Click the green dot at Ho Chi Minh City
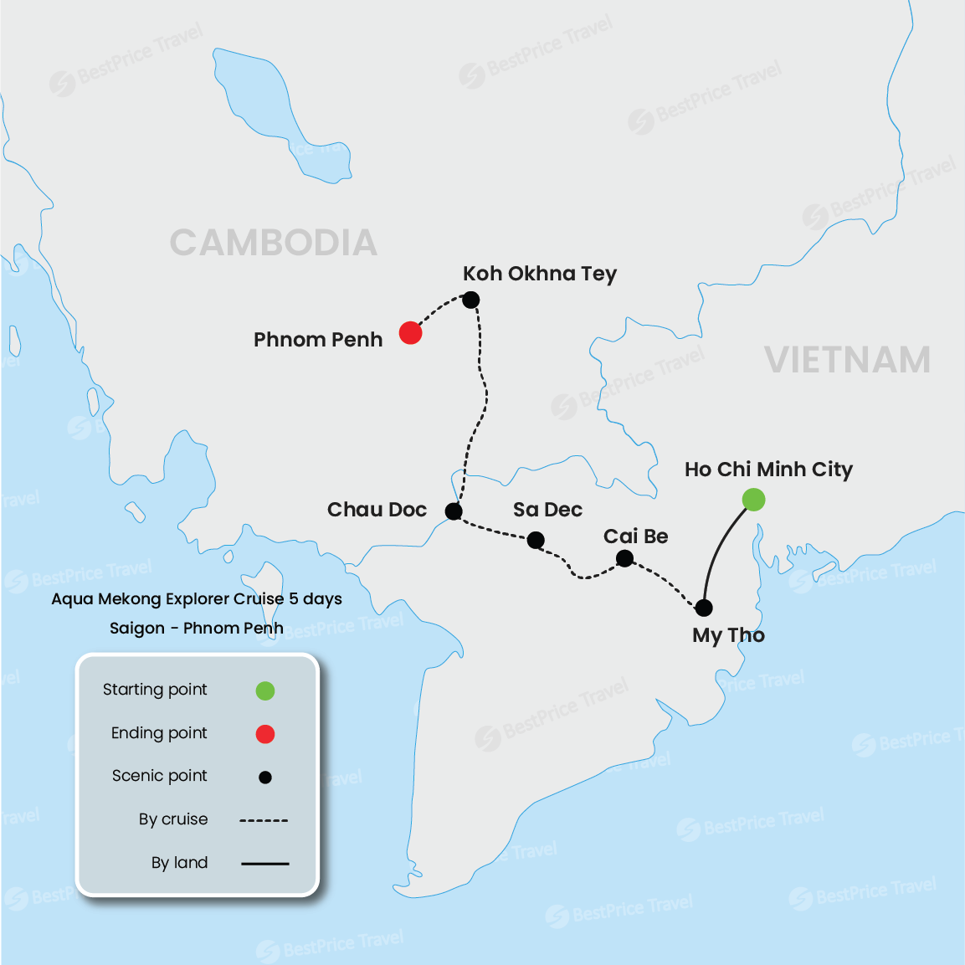tap(753, 500)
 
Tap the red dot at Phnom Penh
tap(410, 333)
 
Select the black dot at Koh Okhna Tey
tap(471, 300)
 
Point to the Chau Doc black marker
tap(454, 511)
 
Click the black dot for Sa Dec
tap(536, 541)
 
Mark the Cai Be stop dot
tap(624, 558)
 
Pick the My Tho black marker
tap(704, 608)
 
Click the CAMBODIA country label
tap(273, 243)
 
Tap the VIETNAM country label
tap(847, 360)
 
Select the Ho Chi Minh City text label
tap(768, 470)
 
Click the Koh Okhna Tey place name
tap(540, 274)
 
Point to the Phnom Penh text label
tap(318, 340)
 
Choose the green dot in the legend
tap(265, 690)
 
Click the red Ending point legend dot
tap(265, 734)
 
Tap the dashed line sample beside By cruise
tap(264, 820)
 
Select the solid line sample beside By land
tap(264, 863)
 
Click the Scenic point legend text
tap(160, 776)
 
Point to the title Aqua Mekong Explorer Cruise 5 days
tap(197, 599)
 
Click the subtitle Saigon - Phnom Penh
tap(197, 629)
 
